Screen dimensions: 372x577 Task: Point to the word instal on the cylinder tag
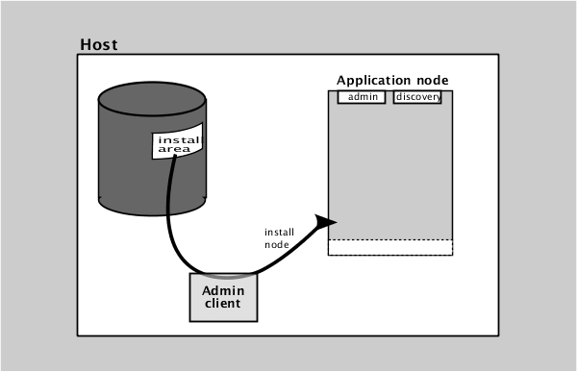point(179,138)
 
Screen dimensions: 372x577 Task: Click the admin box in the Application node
point(362,97)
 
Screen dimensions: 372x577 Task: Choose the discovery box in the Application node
point(417,97)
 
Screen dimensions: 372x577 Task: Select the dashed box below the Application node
point(389,247)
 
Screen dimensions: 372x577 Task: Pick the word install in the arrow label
point(280,232)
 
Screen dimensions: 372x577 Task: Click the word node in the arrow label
point(276,244)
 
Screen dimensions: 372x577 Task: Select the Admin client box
point(223,297)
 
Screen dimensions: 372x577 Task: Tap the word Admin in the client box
point(223,290)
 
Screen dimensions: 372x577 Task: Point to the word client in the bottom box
point(223,305)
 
